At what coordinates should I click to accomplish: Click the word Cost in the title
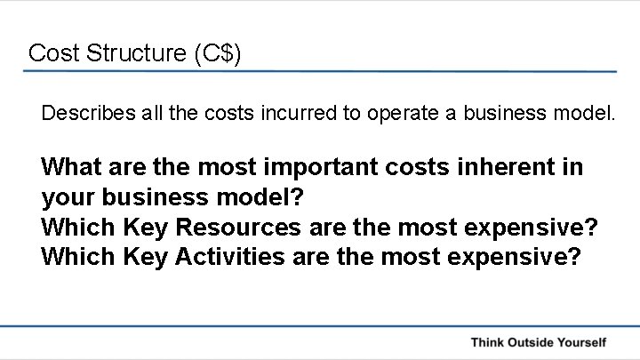(x=50, y=52)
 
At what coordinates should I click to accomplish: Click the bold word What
(x=74, y=168)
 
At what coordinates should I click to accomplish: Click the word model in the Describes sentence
(x=581, y=114)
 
